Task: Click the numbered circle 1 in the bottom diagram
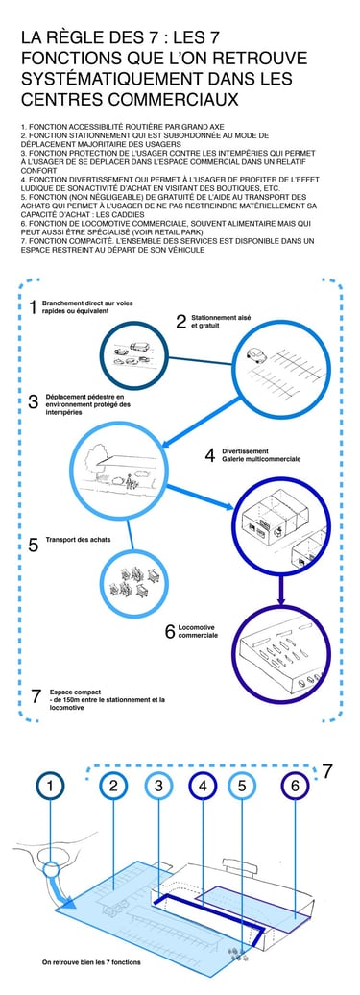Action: click(50, 787)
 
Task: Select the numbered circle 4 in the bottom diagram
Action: click(203, 787)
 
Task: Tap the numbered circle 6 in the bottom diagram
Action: click(295, 787)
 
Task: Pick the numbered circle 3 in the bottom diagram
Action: click(158, 787)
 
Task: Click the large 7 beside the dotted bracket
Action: click(327, 771)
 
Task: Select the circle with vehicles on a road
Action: click(134, 354)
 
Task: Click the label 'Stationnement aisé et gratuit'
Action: click(213, 321)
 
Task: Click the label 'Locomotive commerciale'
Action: click(199, 631)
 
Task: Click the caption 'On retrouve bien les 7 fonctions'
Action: click(92, 962)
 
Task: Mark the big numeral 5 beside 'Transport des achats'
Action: click(33, 545)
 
